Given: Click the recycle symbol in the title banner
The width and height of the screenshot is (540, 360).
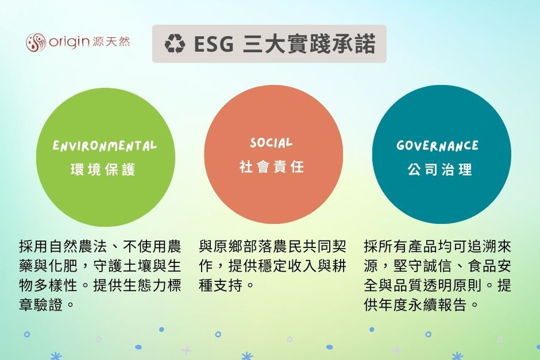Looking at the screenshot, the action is point(175,44).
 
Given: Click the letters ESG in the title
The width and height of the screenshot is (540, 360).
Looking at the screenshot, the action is point(214,44).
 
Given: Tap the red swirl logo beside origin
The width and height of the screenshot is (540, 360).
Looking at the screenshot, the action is point(36,42).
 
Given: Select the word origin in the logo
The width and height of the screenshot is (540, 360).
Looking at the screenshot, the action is point(69,42).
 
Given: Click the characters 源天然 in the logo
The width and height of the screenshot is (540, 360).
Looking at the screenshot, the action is point(111,42).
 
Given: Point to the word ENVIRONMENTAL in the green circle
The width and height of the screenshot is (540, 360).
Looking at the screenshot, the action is point(105,146).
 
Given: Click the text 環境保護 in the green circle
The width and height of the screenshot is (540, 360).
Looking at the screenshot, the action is point(103,170).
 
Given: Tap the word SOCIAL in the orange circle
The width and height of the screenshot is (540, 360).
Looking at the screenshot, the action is point(271,143).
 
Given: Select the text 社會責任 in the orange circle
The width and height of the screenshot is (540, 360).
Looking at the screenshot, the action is point(272,167).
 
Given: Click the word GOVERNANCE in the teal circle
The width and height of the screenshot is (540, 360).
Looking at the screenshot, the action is point(437,146).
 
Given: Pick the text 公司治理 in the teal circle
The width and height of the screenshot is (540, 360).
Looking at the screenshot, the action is point(440,169).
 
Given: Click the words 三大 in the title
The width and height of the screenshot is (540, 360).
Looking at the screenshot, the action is point(264,44).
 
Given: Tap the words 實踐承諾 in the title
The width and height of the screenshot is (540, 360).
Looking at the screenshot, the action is point(331,44).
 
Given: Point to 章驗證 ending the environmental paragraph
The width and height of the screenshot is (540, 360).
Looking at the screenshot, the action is point(41,304).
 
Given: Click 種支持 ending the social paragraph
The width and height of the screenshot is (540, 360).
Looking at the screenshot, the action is point(221,285).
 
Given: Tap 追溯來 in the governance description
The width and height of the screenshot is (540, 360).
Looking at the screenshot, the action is point(489,247).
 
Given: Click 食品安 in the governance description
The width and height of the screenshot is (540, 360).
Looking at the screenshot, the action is point(489,266).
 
